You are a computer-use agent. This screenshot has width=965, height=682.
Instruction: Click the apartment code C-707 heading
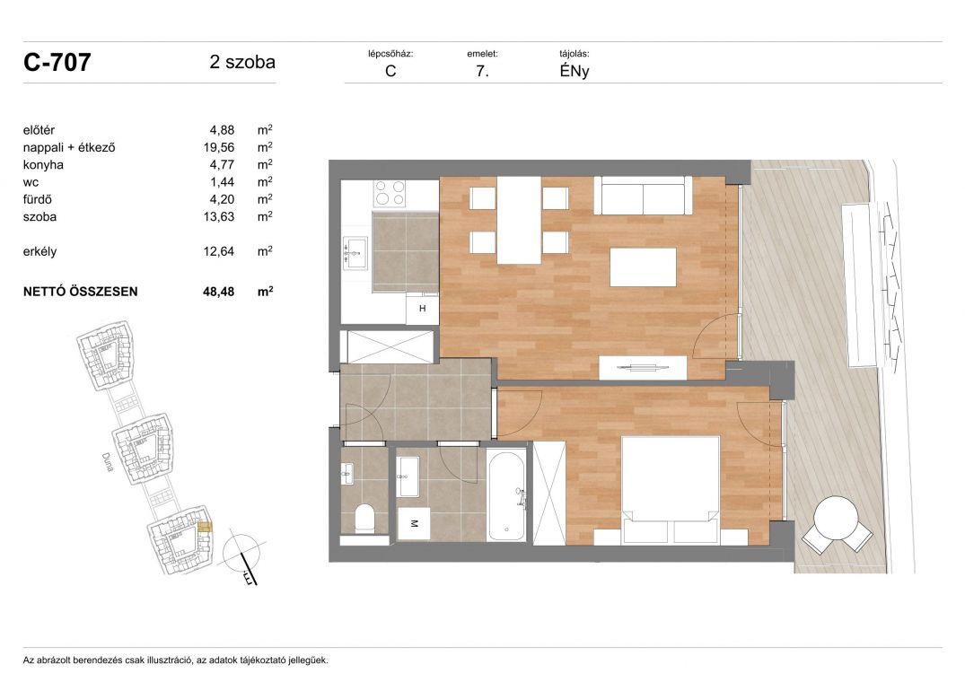click(x=57, y=62)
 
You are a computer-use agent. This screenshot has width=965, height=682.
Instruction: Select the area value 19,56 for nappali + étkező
click(x=219, y=147)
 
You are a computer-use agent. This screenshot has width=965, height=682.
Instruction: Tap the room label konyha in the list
click(x=43, y=165)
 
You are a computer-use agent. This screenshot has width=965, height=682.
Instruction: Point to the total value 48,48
click(x=218, y=292)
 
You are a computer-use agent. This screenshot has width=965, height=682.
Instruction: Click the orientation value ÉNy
click(x=575, y=71)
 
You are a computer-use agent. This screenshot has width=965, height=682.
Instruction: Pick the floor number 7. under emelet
click(x=483, y=71)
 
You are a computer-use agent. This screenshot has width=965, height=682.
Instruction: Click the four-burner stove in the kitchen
click(x=390, y=192)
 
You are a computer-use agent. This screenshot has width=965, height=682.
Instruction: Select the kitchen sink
click(x=355, y=253)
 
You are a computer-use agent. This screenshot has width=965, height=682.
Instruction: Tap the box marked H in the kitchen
click(x=422, y=308)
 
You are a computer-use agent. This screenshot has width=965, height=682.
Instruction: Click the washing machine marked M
click(x=414, y=523)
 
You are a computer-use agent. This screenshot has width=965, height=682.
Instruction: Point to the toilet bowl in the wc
click(x=365, y=518)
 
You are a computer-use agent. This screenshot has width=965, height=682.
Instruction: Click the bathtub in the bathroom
click(x=506, y=496)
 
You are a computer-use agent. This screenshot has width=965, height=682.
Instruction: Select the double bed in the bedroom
click(x=671, y=490)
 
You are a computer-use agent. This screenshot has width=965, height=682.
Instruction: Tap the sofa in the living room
click(x=643, y=195)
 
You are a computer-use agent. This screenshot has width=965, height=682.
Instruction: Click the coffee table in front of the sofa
click(x=643, y=267)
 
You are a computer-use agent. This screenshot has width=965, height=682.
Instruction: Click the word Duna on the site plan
click(x=108, y=462)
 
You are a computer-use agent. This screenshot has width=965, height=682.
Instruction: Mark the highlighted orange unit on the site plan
click(x=205, y=527)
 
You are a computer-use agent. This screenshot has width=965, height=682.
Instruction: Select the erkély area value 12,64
click(x=219, y=251)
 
